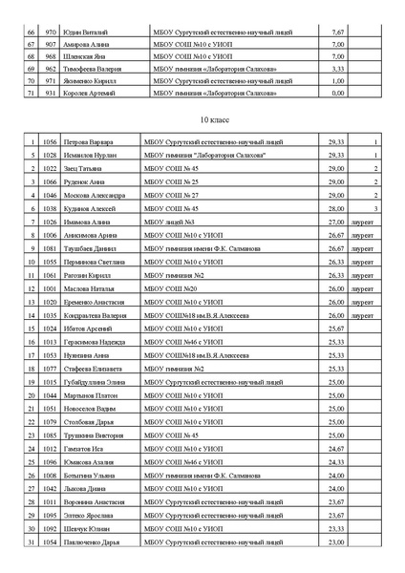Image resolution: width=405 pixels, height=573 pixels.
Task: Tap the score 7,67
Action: pyautogui.click(x=336, y=32)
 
